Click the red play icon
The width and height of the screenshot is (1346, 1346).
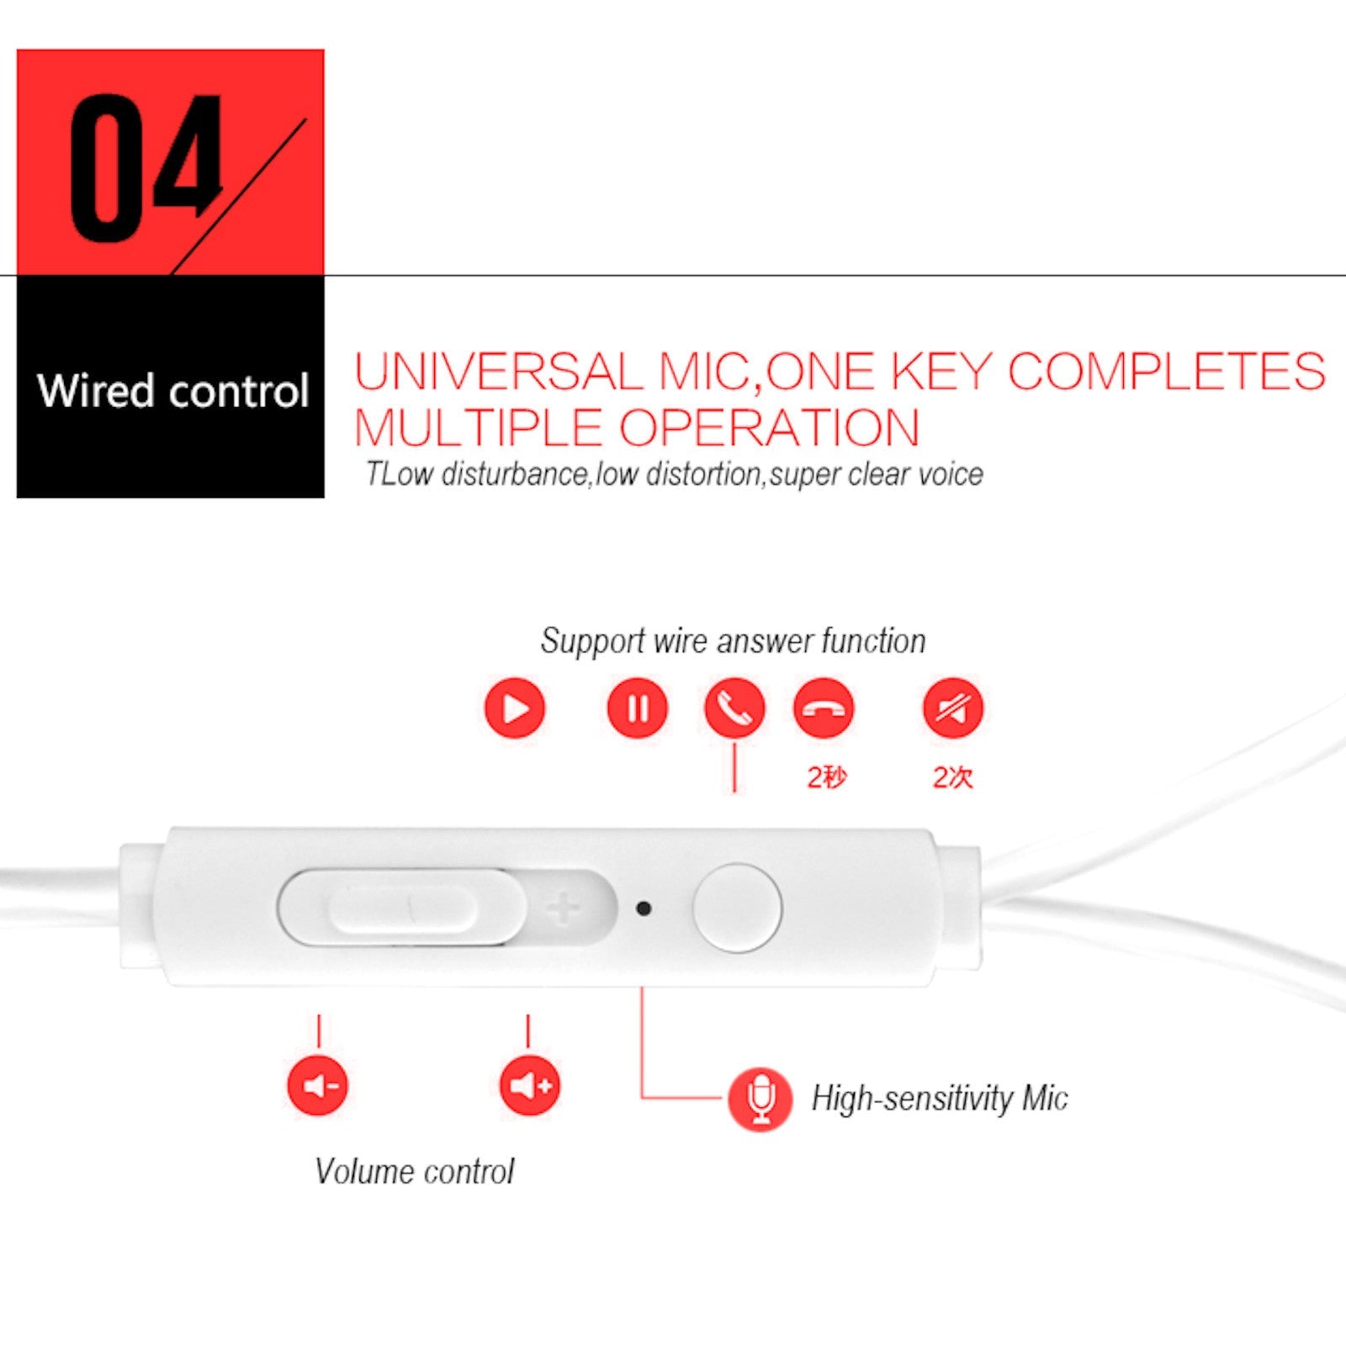tap(515, 707)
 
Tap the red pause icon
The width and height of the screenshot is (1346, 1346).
tap(637, 707)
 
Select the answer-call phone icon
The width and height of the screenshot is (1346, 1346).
tap(734, 707)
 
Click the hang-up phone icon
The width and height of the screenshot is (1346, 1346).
tap(824, 707)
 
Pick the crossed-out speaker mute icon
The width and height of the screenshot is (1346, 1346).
tap(953, 707)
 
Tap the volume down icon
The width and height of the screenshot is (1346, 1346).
tap(318, 1085)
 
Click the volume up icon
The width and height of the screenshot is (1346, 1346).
tap(530, 1085)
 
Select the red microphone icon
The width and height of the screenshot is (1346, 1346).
tap(760, 1100)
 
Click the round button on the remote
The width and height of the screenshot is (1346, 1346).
tap(737, 908)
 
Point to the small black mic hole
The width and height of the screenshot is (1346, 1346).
tap(644, 909)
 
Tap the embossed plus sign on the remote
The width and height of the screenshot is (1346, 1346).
tap(563, 908)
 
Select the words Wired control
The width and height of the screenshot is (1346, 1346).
tap(173, 391)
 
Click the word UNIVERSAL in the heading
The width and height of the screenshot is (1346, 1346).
tap(498, 371)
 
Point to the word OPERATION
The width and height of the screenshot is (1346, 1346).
tap(770, 427)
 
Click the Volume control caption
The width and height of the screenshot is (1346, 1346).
tap(414, 1171)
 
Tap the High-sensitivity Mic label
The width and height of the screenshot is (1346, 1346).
tap(940, 1099)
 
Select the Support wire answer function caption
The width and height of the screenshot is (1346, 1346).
tap(733, 641)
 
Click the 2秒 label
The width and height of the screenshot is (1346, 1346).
tap(826, 777)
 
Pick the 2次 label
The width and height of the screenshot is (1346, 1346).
tap(952, 777)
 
